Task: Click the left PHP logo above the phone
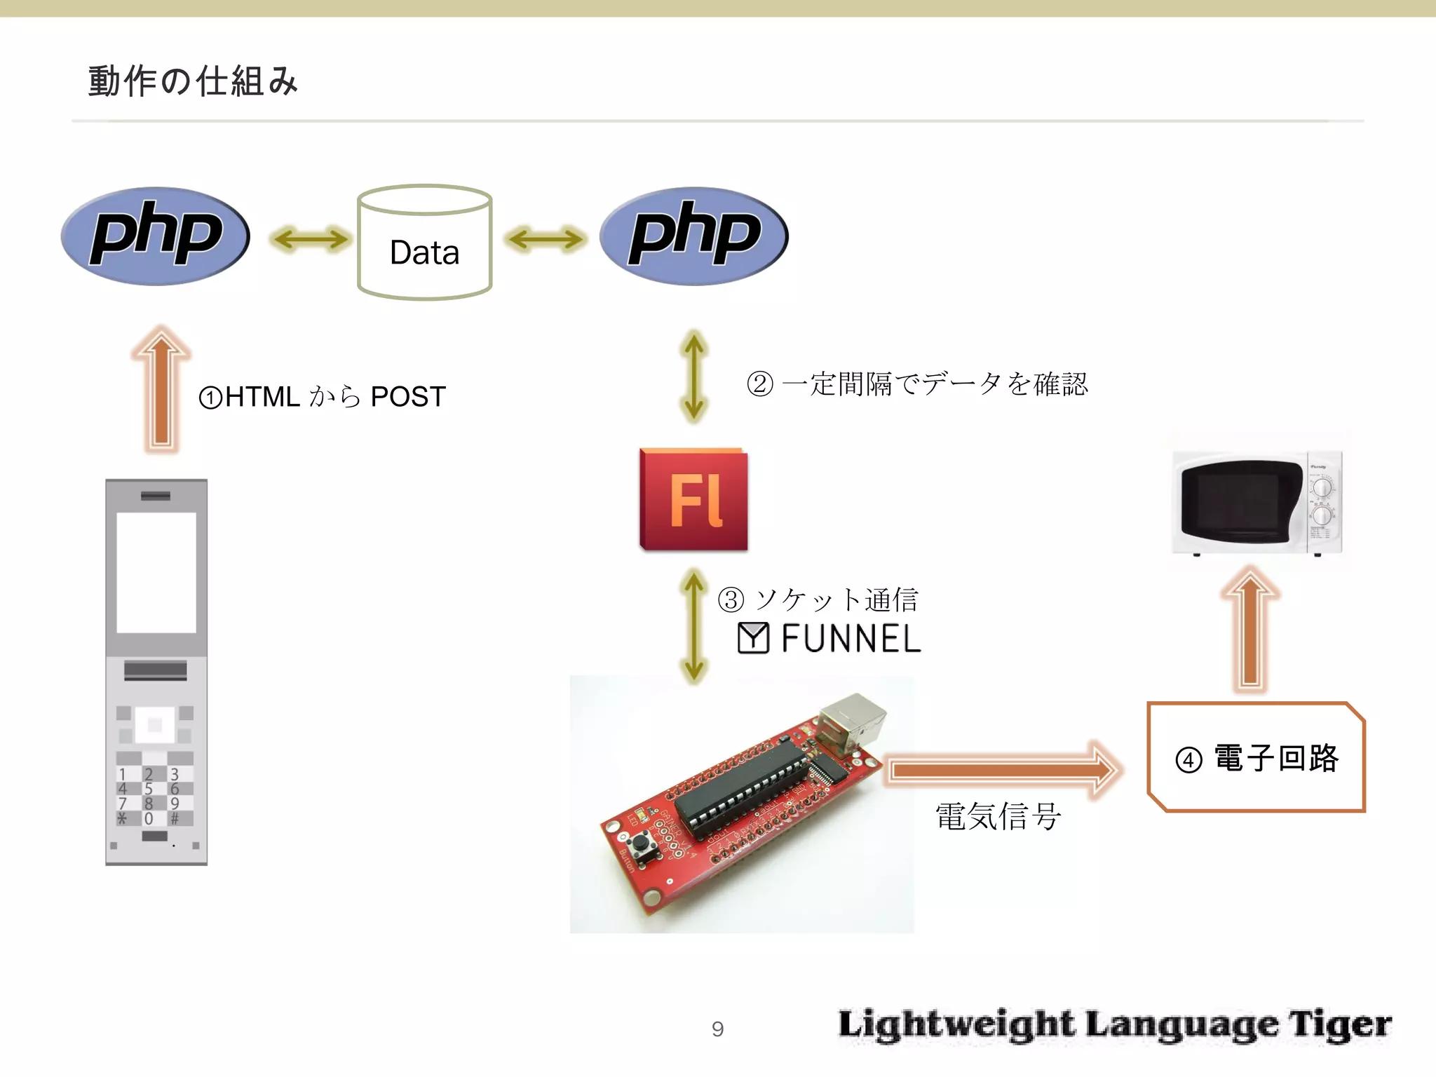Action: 155,236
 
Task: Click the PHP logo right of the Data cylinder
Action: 693,236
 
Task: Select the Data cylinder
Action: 424,243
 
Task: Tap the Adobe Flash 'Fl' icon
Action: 693,499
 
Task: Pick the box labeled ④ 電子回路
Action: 1256,757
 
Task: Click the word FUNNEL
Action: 851,639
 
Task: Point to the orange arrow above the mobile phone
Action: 161,389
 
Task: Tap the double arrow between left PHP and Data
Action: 310,239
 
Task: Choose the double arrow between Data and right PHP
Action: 546,239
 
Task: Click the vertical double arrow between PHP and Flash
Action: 693,377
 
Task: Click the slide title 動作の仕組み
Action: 193,81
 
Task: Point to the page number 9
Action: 717,1029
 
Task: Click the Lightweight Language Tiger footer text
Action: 1115,1024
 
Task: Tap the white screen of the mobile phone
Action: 156,572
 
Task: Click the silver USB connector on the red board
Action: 852,720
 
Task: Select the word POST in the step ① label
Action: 408,397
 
